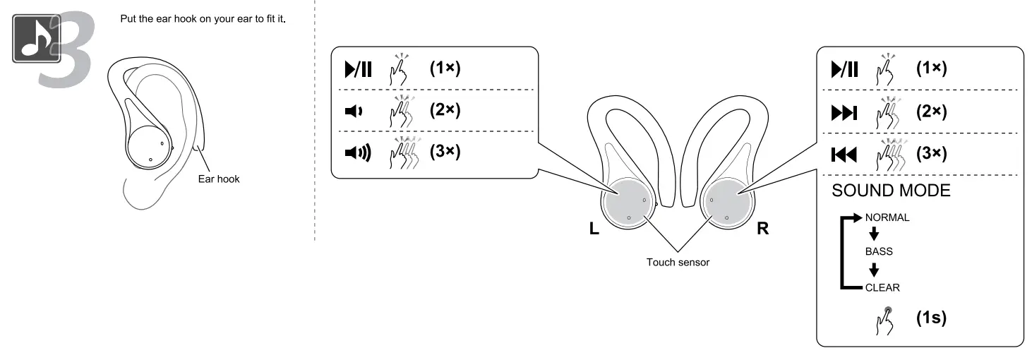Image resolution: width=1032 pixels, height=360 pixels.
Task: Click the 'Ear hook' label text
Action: (218, 179)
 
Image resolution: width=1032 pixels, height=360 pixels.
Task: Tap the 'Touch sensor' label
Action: (678, 262)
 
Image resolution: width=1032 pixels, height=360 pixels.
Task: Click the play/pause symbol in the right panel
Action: (845, 69)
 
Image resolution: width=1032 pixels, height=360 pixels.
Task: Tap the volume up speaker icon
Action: (356, 152)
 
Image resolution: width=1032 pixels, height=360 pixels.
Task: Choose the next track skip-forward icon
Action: (845, 112)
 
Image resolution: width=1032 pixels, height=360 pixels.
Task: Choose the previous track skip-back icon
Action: (845, 153)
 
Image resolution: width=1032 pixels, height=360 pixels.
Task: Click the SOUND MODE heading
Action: (891, 191)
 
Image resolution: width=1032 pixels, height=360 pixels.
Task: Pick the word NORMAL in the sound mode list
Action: (887, 217)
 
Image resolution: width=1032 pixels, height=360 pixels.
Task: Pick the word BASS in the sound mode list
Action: (879, 251)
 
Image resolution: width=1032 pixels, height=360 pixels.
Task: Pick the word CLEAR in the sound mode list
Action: (882, 287)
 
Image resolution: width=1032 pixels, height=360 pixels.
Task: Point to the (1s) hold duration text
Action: (931, 318)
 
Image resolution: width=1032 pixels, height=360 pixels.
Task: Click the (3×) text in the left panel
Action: (445, 152)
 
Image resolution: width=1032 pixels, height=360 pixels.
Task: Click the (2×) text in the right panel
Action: (931, 112)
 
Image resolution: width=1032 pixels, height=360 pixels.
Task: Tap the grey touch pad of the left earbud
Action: (628, 201)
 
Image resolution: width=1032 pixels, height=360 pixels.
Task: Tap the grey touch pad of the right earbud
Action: (727, 201)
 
